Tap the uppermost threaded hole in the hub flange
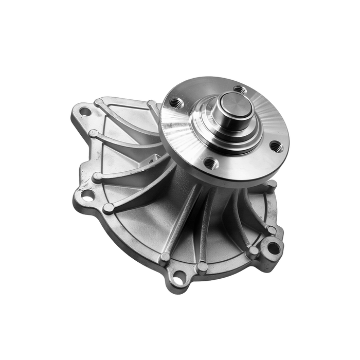tap(239, 89)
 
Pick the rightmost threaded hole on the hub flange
tap(276, 147)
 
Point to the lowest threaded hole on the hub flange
tap(211, 164)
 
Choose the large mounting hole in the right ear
tap(274, 247)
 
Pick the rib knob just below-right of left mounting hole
tap(109, 208)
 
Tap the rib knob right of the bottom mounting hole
tap(202, 267)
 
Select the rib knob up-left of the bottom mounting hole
tap(165, 257)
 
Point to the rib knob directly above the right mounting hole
tap(271, 229)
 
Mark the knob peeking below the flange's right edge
tap(272, 184)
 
